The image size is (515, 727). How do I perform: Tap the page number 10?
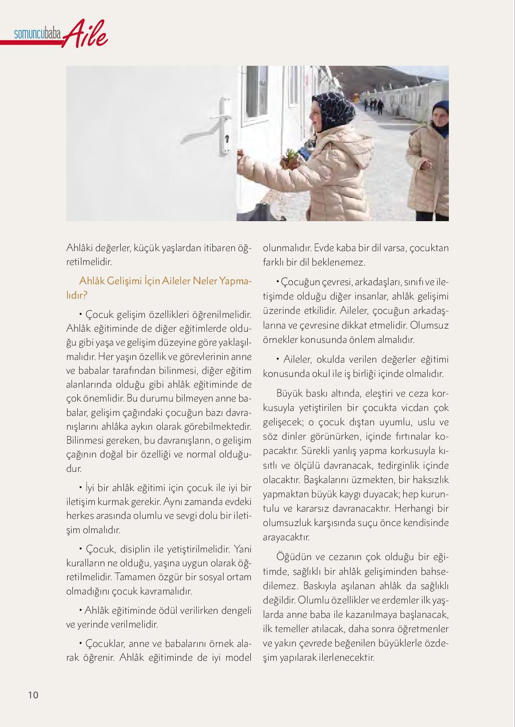(33, 695)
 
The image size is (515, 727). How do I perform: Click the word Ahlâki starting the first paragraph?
(78, 248)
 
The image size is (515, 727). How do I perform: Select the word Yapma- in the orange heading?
(236, 281)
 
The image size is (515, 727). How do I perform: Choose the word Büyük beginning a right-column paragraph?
(290, 393)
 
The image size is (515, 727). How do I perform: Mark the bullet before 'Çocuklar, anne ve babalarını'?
(81, 643)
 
